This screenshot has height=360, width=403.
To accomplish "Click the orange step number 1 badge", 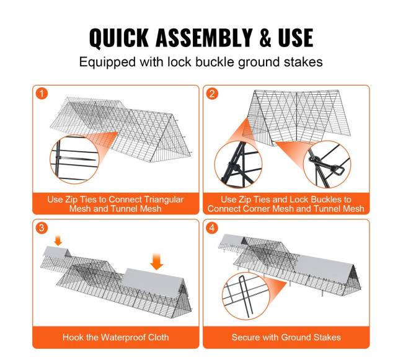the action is click(42, 94).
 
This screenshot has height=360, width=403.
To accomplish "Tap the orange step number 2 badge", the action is click(212, 94).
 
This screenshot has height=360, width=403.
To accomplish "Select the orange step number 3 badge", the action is click(42, 227).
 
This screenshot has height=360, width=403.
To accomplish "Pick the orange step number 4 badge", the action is click(212, 227).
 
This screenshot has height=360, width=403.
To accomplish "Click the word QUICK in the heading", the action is click(119, 38).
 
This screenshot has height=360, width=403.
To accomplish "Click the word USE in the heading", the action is click(296, 38).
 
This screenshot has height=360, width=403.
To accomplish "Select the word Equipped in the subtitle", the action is click(107, 63).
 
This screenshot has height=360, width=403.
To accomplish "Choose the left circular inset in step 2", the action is click(238, 165).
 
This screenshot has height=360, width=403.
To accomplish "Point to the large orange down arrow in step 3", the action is click(156, 261).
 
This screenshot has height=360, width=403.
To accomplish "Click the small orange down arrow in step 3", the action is click(58, 241).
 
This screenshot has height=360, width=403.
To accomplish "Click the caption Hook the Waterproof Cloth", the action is click(116, 337).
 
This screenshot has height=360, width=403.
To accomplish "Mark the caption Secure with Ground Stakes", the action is click(286, 337).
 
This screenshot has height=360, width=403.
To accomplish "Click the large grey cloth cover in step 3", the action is click(154, 283).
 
